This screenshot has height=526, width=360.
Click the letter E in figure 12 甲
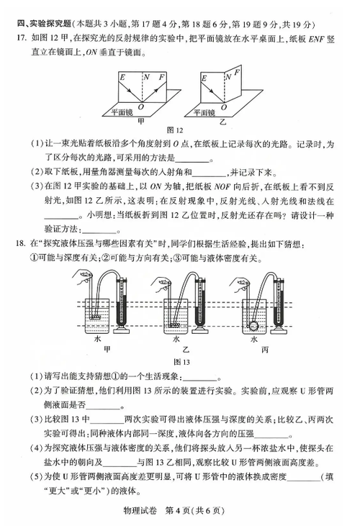(122, 77)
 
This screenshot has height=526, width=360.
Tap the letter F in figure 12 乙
(237, 72)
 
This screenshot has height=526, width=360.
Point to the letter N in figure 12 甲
(147, 77)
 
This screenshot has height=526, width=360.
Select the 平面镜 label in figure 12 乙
(204, 113)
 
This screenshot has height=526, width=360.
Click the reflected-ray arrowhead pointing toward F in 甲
(156, 88)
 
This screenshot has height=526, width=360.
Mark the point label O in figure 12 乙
(224, 107)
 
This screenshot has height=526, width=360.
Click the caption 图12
(175, 130)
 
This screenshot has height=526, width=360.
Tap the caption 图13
(182, 362)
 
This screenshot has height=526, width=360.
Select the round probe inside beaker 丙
(253, 325)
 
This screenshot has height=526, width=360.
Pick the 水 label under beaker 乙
(176, 339)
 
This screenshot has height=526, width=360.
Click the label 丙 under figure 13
(265, 350)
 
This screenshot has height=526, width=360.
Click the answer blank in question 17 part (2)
(210, 173)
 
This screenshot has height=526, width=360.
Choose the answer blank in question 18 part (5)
(304, 477)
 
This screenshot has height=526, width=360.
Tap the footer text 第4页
(178, 511)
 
